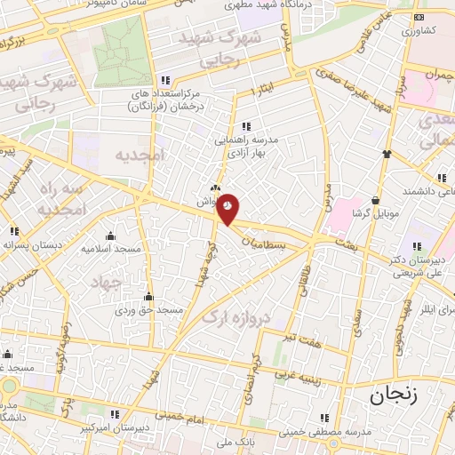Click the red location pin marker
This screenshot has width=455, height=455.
click(228, 207)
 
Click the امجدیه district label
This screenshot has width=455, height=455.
click(140, 155)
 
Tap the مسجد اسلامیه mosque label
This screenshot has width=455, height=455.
click(112, 249)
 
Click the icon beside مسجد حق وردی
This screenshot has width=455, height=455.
click(148, 297)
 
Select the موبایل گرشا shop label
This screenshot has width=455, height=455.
click(379, 214)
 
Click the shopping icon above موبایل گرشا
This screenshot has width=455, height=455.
click(379, 200)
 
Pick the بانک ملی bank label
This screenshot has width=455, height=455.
click(238, 440)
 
